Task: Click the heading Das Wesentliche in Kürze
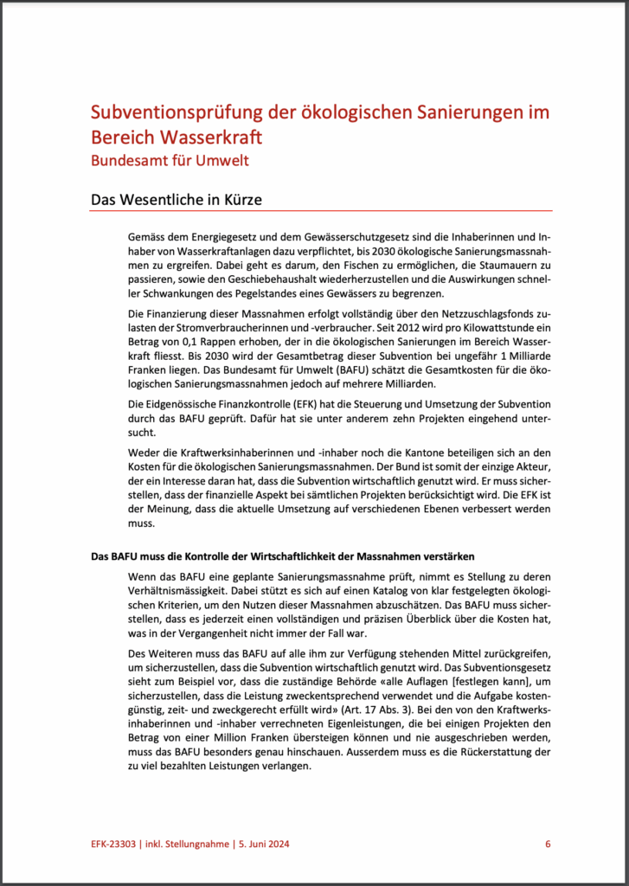tap(177, 200)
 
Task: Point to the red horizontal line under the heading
tap(321, 210)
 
